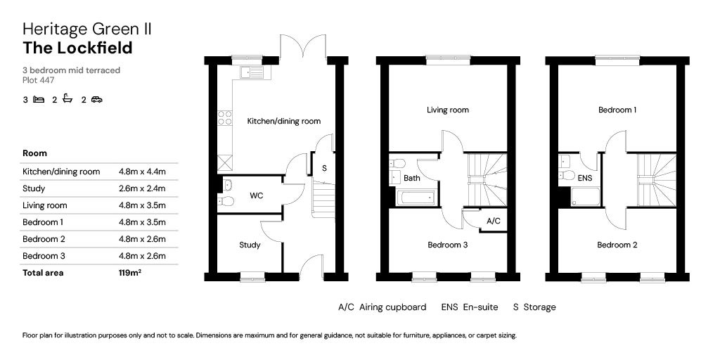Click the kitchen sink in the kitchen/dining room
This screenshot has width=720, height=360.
[252, 72]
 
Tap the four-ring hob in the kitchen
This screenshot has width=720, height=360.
[224, 118]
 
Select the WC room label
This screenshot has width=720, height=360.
[256, 195]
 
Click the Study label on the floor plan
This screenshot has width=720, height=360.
[250, 245]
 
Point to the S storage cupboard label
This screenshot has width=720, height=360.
[323, 168]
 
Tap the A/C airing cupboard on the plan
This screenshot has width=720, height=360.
[493, 221]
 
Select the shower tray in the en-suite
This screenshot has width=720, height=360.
[586, 197]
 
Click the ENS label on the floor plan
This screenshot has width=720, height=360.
[585, 178]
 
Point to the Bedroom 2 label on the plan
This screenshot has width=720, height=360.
[617, 245]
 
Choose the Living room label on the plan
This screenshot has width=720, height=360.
[448, 110]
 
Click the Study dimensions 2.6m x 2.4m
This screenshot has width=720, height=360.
[142, 188]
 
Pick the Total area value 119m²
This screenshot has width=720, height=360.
[129, 272]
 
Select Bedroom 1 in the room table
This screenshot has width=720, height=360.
[43, 222]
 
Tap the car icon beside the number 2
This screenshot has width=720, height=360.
[96, 99]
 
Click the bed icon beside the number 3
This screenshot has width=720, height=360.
[39, 99]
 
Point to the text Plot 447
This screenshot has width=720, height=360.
[39, 80]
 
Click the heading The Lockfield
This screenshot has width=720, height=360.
[77, 48]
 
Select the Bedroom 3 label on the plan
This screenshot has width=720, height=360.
[448, 245]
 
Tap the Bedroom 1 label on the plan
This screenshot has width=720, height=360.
[617, 110]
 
